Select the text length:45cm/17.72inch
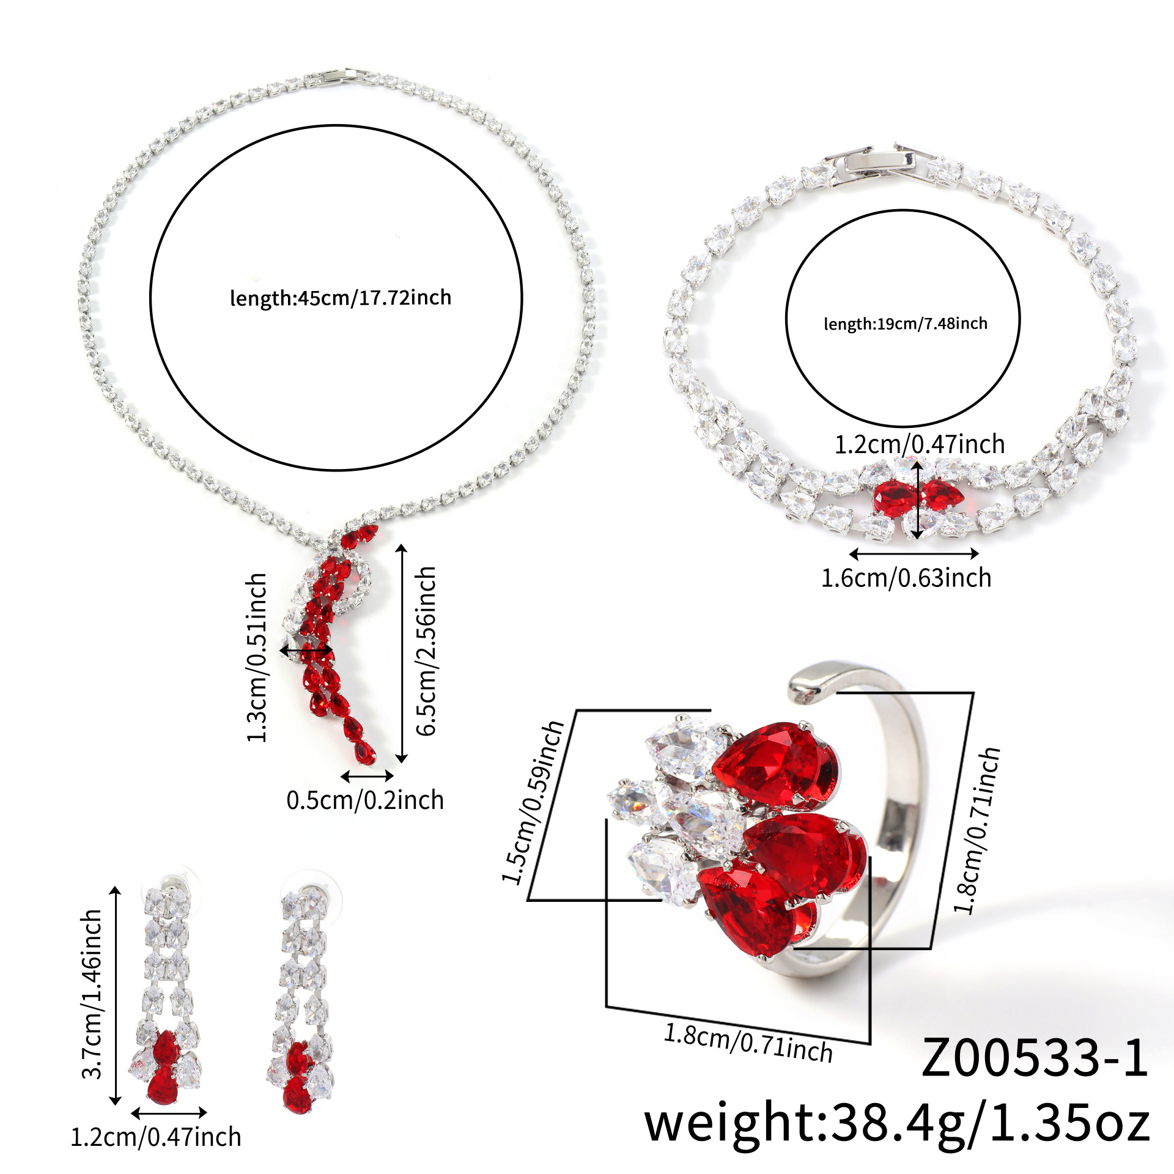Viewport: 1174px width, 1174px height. [341, 298]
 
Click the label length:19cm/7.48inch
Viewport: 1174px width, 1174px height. [906, 323]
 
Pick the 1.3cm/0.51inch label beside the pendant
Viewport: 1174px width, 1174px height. [257, 658]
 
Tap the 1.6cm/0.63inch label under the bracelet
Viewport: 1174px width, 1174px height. [906, 578]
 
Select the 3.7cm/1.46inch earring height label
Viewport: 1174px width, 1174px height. [92, 1002]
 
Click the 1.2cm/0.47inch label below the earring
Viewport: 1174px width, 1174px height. [156, 1137]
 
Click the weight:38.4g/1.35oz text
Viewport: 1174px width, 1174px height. [897, 1123]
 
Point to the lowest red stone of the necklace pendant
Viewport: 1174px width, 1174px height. [366, 753]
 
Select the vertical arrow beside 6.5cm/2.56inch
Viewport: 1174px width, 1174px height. [401, 652]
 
